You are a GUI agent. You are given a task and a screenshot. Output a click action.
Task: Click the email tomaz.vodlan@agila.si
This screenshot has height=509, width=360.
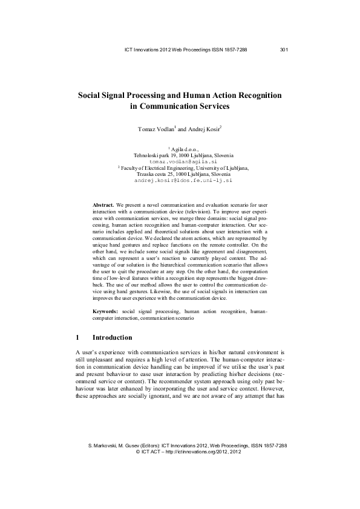179,162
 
